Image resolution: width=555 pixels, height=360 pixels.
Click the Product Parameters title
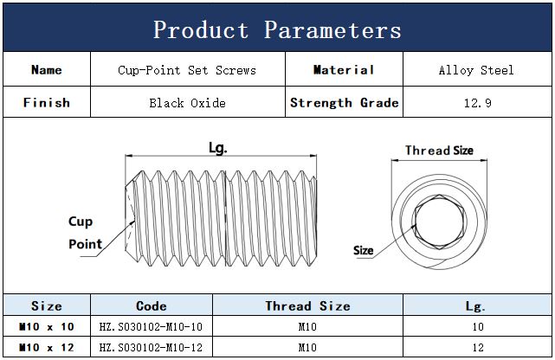[277, 29]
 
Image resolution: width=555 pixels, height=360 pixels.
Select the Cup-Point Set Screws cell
[187, 70]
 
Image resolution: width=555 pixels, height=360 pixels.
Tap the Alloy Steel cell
[476, 70]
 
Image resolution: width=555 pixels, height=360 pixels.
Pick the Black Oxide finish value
[187, 103]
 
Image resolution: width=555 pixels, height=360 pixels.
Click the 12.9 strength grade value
[477, 103]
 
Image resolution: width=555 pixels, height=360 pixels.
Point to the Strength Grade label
[344, 103]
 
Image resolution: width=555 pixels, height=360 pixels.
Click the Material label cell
[344, 70]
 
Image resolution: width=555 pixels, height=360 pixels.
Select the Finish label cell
[47, 103]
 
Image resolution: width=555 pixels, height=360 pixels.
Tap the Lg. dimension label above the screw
[217, 148]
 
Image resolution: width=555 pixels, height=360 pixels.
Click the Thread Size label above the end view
[439, 151]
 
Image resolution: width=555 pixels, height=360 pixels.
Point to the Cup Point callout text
[85, 232]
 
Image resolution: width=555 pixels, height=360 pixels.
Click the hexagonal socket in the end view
[439, 222]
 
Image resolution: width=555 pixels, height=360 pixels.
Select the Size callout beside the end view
[363, 250]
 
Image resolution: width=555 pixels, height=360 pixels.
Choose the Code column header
[152, 305]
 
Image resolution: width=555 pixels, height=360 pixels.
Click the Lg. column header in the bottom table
[475, 306]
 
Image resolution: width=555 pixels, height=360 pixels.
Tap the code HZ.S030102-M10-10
[151, 326]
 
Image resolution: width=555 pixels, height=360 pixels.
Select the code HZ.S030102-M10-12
[151, 347]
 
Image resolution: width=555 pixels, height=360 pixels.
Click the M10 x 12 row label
[47, 347]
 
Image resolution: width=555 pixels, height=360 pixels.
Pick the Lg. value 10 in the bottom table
[478, 326]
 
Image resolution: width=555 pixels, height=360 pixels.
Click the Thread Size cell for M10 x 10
[307, 326]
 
